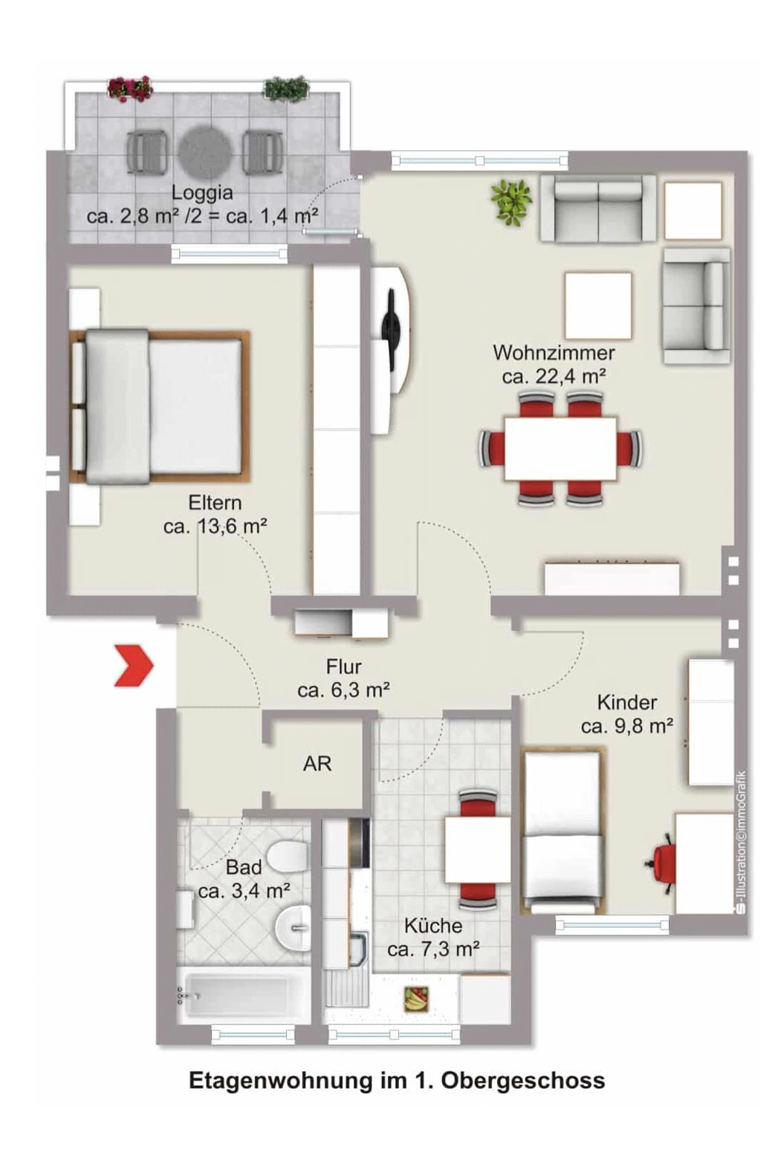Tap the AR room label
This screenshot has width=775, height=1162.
pyautogui.click(x=317, y=764)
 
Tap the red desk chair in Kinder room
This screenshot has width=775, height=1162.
pyautogui.click(x=661, y=863)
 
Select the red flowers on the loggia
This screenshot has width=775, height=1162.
pyautogui.click(x=130, y=88)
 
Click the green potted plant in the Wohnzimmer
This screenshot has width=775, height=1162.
pyautogui.click(x=511, y=202)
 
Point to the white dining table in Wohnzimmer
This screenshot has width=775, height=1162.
pyautogui.click(x=560, y=449)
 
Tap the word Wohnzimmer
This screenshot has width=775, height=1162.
pyautogui.click(x=554, y=353)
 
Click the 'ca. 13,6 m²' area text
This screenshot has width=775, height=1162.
pyautogui.click(x=215, y=527)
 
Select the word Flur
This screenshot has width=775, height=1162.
pyautogui.click(x=343, y=666)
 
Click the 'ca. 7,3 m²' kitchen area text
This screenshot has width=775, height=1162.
pyautogui.click(x=433, y=950)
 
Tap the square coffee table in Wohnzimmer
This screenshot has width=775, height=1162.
pyautogui.click(x=598, y=305)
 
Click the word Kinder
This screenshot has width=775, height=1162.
pyautogui.click(x=626, y=702)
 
